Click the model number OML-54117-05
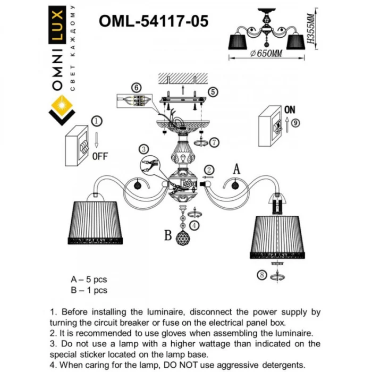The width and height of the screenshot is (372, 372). [x=154, y=21]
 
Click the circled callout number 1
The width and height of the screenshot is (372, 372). [x=96, y=121]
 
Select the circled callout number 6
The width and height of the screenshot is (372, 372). [x=137, y=87]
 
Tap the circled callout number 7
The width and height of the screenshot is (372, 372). [x=213, y=142]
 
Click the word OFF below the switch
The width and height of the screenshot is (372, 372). [x=100, y=157]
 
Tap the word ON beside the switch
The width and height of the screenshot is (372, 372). [x=290, y=110]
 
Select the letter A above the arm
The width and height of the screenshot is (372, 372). [x=237, y=168]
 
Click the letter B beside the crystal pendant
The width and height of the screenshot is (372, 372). [x=167, y=234]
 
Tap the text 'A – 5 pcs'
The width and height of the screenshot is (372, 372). [x=89, y=280]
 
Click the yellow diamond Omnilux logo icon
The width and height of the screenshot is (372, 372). [x=62, y=108]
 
